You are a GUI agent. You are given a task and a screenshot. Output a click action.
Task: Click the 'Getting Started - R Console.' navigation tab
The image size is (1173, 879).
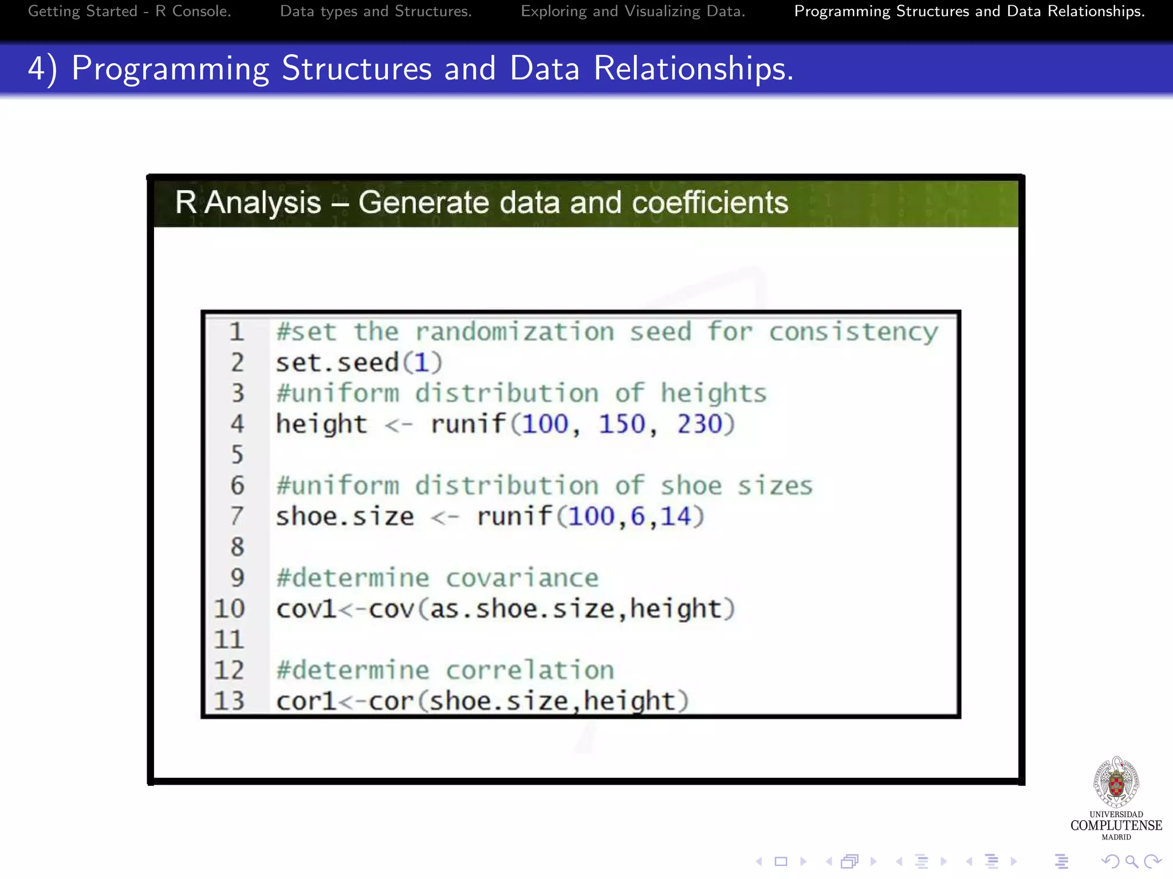[x=129, y=11]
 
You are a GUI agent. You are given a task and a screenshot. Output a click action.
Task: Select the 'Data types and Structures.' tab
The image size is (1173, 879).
[x=376, y=11]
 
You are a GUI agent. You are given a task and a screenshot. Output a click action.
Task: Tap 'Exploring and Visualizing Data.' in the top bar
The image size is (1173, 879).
[x=633, y=11]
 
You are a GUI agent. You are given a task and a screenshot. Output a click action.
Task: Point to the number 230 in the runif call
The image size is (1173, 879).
[x=699, y=425]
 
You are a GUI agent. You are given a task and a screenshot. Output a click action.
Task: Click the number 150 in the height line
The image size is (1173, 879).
[x=622, y=425]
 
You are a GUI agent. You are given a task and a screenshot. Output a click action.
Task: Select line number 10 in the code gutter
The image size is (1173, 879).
[x=230, y=609]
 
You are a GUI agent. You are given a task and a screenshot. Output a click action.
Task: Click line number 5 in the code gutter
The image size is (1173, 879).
[x=237, y=455]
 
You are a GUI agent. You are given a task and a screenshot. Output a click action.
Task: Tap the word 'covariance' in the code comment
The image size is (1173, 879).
[x=522, y=578]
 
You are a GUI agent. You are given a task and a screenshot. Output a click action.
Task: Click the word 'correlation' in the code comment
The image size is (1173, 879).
[x=530, y=670]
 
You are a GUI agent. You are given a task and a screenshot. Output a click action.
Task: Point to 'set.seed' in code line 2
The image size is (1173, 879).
[x=337, y=363]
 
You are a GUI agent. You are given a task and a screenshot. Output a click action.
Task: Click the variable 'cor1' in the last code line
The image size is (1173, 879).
[x=306, y=702]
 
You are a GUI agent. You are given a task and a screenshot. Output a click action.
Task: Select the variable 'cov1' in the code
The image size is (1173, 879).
[x=306, y=609]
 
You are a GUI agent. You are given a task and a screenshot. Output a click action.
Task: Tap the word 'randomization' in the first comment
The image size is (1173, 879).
[x=514, y=332]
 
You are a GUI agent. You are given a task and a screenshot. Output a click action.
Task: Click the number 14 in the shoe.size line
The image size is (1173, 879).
[x=675, y=517]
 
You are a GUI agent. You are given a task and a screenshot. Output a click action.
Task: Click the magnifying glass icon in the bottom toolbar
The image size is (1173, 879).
[x=1131, y=861]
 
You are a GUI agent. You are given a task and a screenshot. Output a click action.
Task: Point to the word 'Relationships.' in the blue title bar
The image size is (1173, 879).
[x=694, y=69]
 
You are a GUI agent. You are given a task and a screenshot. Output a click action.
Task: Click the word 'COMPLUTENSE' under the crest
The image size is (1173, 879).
[x=1116, y=825]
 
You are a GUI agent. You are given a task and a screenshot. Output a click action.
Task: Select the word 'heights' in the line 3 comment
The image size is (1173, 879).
[x=714, y=394]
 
